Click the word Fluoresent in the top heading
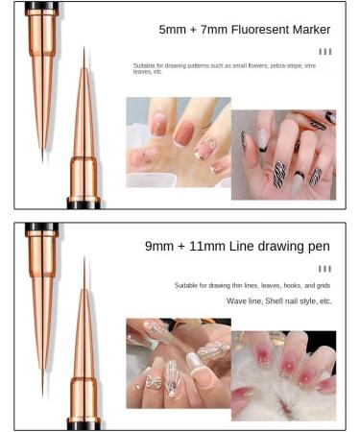[x=260, y=30]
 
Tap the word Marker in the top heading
[x=312, y=30]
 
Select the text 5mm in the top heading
[x=173, y=30]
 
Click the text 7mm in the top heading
[x=214, y=30]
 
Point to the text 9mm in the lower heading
[x=159, y=247]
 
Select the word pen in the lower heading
[x=319, y=247]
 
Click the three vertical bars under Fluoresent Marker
[x=325, y=52]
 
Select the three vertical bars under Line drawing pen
[x=324, y=269]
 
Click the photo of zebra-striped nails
[x=283, y=155]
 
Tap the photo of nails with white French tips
[x=179, y=142]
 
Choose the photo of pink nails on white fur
[x=283, y=376]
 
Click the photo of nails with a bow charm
[x=179, y=363]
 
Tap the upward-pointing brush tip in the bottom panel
[x=84, y=272]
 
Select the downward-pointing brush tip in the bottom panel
[x=42, y=382]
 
